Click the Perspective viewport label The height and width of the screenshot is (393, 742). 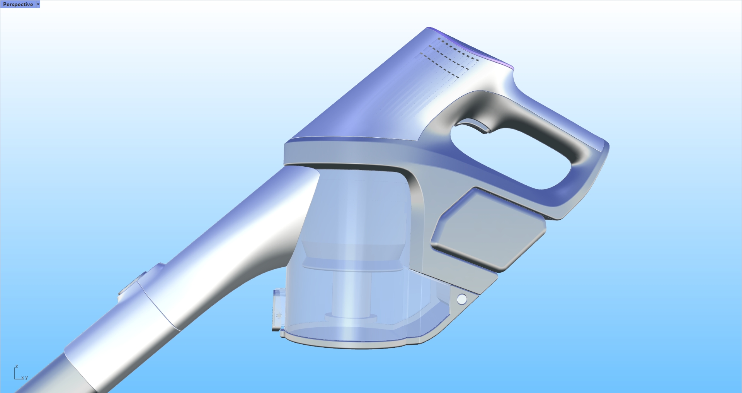coord(18,4)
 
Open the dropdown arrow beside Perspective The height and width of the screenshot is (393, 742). coord(38,4)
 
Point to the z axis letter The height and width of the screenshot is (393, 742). coord(16,366)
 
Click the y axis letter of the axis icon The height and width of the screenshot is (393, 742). coord(26,378)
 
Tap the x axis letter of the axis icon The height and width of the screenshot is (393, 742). coord(22,378)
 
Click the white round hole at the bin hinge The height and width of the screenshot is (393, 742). coord(461,299)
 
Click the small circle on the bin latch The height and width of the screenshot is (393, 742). coord(279,316)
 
